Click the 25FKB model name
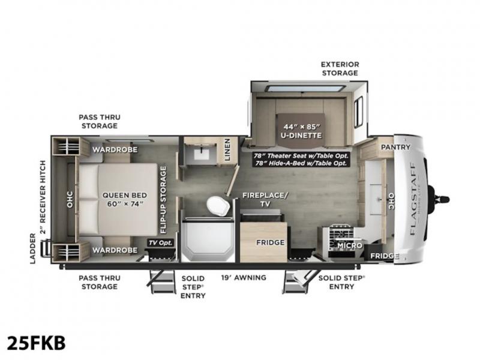pyautogui.click(x=36, y=343)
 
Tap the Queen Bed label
pyautogui.click(x=125, y=199)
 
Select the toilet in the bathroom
pyautogui.click(x=218, y=206)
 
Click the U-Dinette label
pyautogui.click(x=302, y=131)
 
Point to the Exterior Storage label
pyautogui.click(x=340, y=68)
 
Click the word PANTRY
pyautogui.click(x=395, y=147)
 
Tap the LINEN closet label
pyautogui.click(x=227, y=149)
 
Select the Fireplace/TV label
pyautogui.click(x=265, y=199)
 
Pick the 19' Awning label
pyautogui.click(x=244, y=278)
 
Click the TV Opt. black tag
pyautogui.click(x=161, y=243)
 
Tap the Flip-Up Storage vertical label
pyautogui.click(x=163, y=200)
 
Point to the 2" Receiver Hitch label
pyautogui.click(x=43, y=197)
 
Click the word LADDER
pyautogui.click(x=32, y=248)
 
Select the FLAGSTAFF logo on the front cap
pyautogui.click(x=412, y=199)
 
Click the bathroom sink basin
pyautogui.click(x=202, y=154)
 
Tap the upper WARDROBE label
pyautogui.click(x=115, y=149)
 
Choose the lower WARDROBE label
pyautogui.click(x=115, y=250)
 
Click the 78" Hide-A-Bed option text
pyautogui.click(x=301, y=163)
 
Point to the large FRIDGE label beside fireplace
pyautogui.click(x=271, y=242)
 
